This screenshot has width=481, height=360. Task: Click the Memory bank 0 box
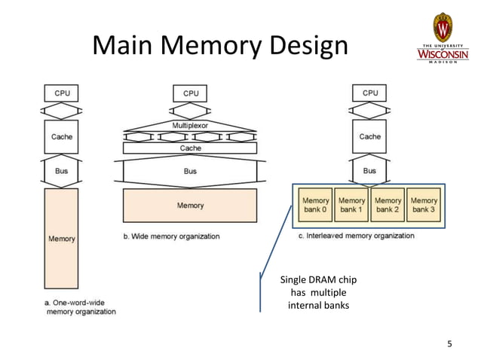315,205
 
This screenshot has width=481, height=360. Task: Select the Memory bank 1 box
351,205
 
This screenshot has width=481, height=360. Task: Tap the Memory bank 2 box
388,205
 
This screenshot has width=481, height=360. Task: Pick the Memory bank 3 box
424,205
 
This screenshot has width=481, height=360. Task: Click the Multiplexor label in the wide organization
190,124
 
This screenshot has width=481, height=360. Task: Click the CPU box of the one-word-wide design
62,93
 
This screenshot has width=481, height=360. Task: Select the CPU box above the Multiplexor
191,93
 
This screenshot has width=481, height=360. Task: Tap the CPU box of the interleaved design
369,93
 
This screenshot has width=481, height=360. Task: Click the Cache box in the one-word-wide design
62,137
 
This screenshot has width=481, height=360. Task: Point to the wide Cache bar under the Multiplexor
190,148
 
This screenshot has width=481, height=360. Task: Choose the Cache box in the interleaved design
369,137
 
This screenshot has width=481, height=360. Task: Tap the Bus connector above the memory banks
369,171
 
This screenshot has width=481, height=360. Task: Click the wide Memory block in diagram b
190,206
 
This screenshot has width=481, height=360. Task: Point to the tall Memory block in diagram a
62,239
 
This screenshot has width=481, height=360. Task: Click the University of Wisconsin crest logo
443,28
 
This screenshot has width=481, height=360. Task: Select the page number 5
450,345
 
